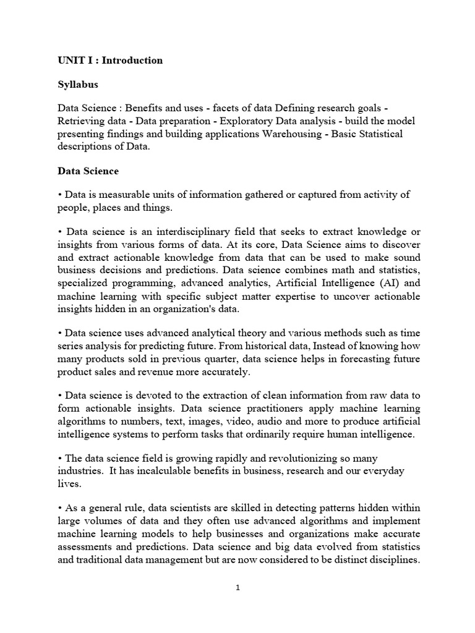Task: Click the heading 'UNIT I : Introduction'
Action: [x=110, y=60]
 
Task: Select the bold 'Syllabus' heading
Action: [x=78, y=83]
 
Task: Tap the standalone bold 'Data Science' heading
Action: [x=88, y=171]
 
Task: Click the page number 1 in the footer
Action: [x=237, y=588]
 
